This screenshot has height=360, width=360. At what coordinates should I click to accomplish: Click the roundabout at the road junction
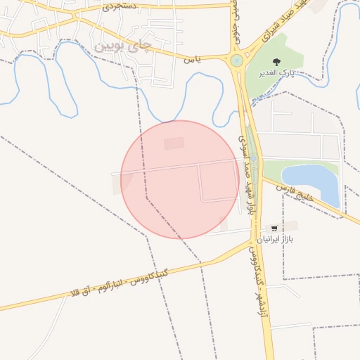tap(236, 61)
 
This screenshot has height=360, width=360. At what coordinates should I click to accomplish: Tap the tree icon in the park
tap(276, 63)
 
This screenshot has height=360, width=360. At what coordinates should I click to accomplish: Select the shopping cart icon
tap(274, 228)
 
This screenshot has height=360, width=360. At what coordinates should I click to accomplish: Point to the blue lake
tap(314, 182)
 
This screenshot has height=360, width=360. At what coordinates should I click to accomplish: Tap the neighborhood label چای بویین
tap(122, 46)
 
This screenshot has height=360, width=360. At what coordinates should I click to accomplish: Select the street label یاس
tap(192, 60)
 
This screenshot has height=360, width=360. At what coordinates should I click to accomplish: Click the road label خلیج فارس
tap(292, 189)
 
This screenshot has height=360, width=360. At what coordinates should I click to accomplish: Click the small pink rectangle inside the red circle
tap(174, 143)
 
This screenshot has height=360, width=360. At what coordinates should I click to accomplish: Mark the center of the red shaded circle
tap(180, 179)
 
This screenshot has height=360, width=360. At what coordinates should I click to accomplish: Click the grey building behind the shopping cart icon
tap(288, 226)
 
